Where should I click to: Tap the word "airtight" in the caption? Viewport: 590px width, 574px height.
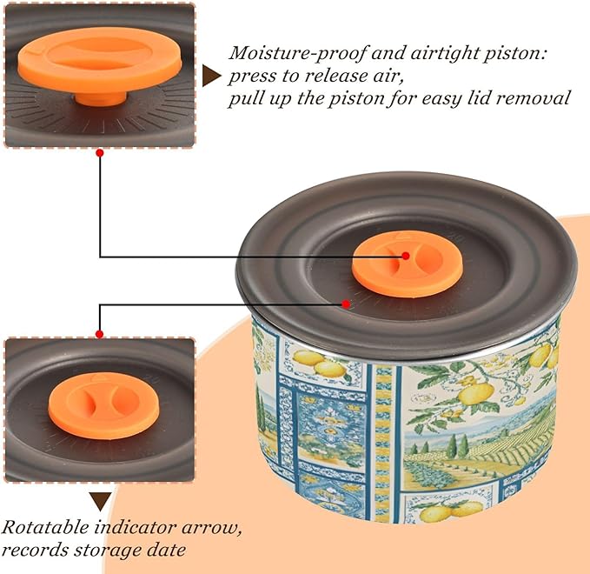click(443, 53)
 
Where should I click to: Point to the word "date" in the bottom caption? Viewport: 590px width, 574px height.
click(166, 550)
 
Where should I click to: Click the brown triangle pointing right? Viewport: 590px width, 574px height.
click(211, 76)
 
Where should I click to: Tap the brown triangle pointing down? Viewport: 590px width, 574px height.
click(101, 501)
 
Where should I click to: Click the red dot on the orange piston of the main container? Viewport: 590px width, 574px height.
click(406, 256)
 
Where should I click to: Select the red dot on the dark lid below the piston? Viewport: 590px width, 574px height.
click(346, 304)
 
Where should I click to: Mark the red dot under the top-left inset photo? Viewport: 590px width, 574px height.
click(100, 153)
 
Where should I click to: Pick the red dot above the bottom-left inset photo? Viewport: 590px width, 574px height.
click(100, 334)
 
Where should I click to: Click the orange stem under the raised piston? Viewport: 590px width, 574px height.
click(101, 98)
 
